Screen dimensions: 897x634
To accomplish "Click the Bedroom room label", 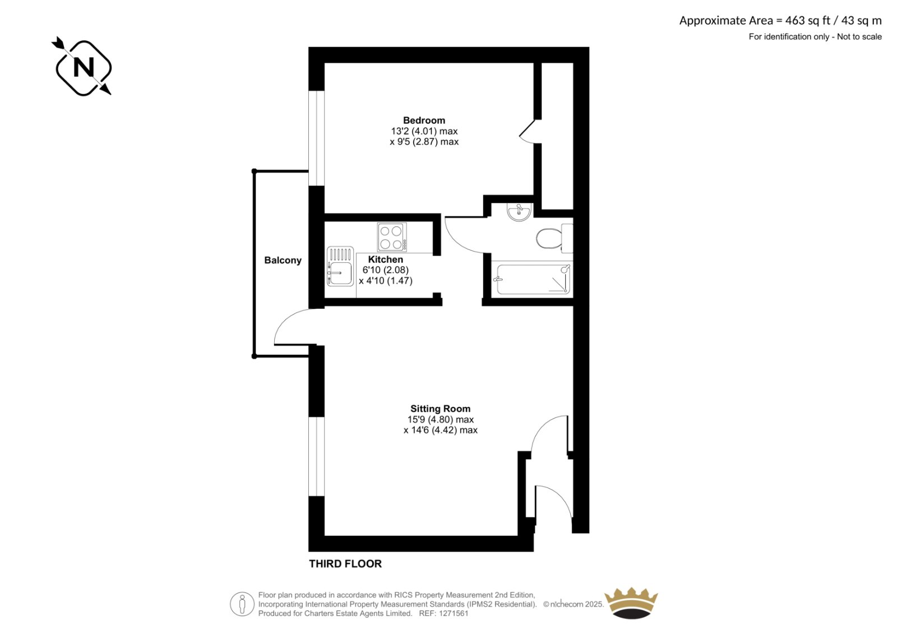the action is (x=424, y=120).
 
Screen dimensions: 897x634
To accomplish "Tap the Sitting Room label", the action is (x=440, y=409).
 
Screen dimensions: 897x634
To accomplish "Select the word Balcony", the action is (x=283, y=260).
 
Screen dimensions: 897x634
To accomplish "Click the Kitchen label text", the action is (x=385, y=259).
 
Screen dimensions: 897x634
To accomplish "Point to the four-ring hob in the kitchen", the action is (x=392, y=237).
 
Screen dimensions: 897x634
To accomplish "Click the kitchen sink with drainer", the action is (x=340, y=266).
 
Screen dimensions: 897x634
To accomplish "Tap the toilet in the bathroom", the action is (x=554, y=238).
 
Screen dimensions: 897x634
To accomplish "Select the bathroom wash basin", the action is (x=519, y=211).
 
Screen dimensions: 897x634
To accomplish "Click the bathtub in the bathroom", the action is (x=532, y=279).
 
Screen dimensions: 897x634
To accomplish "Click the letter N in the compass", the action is (x=84, y=67).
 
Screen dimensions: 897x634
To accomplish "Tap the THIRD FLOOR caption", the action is (x=345, y=564).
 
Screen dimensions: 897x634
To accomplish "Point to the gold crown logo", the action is (x=631, y=603).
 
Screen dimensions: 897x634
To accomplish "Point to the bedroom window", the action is (x=316, y=138).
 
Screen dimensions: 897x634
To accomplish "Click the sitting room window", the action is (x=316, y=456).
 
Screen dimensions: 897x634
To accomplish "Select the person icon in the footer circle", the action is (x=242, y=604).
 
